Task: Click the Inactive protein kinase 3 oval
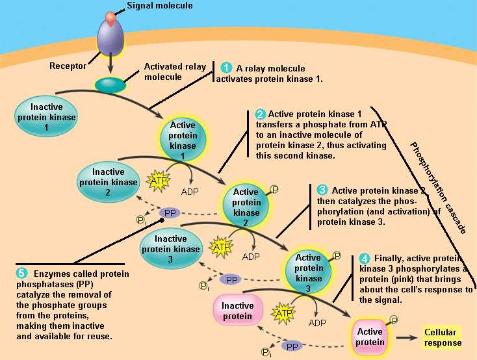171,244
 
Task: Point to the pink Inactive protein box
238,310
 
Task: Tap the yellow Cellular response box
443,337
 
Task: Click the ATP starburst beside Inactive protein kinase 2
159,180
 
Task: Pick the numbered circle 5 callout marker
21,272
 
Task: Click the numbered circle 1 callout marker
226,68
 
